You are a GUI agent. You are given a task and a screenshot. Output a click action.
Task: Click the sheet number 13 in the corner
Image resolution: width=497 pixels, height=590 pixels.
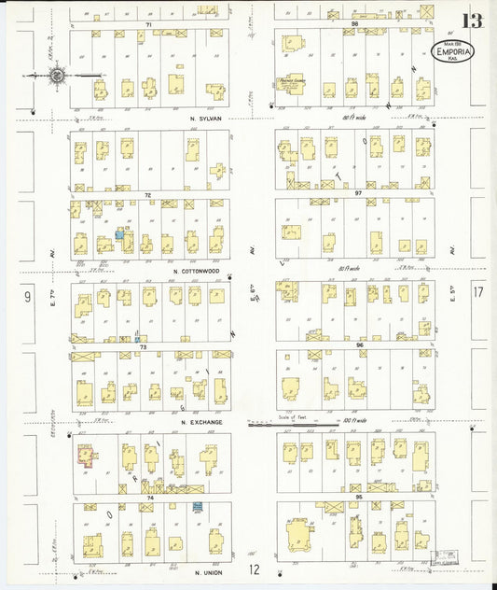(x=476, y=20)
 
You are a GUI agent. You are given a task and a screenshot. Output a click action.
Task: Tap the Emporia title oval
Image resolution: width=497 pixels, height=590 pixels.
(x=454, y=52)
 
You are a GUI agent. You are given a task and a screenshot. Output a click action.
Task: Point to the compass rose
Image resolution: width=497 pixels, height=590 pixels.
(x=57, y=76)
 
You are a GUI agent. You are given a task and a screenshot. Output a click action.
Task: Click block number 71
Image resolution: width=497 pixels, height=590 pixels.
(x=147, y=24)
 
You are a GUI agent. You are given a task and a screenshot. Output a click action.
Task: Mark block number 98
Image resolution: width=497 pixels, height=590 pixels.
(x=354, y=24)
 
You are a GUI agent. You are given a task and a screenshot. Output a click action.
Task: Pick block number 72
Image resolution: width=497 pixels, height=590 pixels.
(x=147, y=195)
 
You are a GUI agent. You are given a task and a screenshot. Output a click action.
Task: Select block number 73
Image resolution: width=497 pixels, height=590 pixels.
(x=144, y=346)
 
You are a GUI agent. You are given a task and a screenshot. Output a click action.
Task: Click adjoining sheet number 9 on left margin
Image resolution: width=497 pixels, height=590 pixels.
(x=28, y=296)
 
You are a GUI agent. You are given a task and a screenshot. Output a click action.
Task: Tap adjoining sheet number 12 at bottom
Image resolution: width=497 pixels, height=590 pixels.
(x=254, y=569)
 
